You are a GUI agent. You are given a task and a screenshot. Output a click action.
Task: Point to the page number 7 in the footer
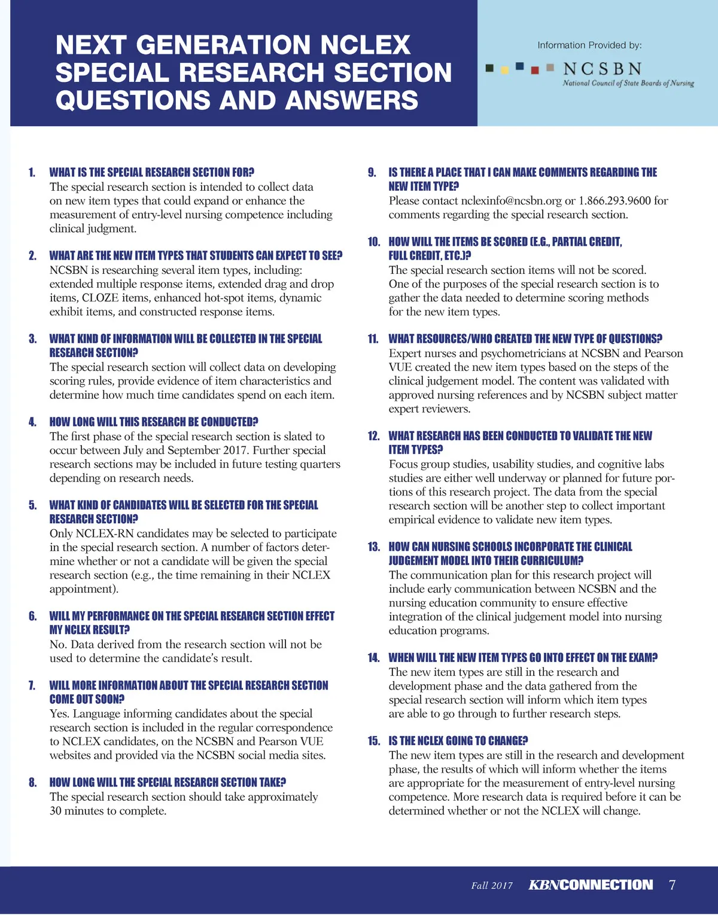click(672, 885)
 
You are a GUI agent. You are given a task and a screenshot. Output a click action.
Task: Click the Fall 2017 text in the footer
click(492, 886)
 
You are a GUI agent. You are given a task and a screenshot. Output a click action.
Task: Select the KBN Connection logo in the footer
click(591, 885)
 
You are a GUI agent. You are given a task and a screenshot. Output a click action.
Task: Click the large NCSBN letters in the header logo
click(603, 69)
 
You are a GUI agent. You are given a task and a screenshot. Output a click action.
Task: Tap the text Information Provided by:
click(589, 45)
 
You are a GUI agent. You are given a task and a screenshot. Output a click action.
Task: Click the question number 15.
click(374, 741)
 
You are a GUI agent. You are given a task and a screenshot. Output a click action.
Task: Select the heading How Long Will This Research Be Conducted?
click(154, 422)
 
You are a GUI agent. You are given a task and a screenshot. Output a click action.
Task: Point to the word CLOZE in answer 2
click(100, 298)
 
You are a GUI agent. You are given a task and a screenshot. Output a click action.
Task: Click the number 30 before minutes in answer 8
click(56, 811)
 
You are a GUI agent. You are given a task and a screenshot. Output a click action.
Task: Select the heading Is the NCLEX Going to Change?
click(458, 741)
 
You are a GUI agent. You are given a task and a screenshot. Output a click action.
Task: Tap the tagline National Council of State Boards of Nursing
click(628, 84)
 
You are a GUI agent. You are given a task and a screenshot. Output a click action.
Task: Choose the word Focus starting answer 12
click(403, 464)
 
